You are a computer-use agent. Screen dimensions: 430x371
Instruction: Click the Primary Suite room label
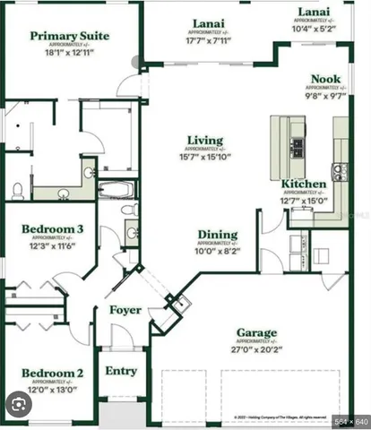click(x=69, y=37)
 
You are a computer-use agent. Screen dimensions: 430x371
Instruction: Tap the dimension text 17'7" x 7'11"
click(x=209, y=40)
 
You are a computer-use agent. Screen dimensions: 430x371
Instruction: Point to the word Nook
click(x=325, y=80)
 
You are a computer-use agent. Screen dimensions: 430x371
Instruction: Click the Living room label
click(x=205, y=140)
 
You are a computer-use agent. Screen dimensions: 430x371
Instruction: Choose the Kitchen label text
click(x=304, y=184)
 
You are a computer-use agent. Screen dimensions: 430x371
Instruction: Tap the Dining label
click(x=218, y=235)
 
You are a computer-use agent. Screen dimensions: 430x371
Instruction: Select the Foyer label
click(x=125, y=310)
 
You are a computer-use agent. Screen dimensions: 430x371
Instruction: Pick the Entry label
click(x=121, y=370)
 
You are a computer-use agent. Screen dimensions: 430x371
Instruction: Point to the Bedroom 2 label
click(x=53, y=373)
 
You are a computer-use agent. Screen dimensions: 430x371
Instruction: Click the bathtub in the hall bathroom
click(x=115, y=190)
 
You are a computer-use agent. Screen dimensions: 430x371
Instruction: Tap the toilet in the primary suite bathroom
click(x=18, y=190)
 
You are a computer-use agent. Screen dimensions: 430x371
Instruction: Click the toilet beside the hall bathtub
click(x=130, y=211)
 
